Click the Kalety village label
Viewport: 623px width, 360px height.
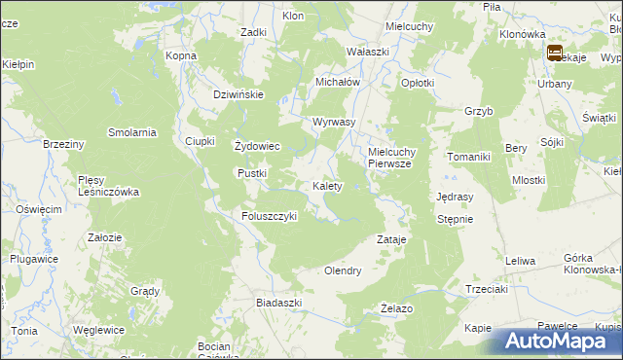pos(326,186)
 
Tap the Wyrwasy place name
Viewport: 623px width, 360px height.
pos(334,123)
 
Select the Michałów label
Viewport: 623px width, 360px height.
pos(338,83)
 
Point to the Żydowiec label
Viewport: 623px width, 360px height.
pos(258,147)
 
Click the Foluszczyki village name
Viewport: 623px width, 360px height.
pos(269,216)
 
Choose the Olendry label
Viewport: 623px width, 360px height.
pos(343,270)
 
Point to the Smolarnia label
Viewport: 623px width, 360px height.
pos(133,132)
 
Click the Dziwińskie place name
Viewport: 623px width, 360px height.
pos(239,94)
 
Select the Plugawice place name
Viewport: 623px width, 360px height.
pos(33,259)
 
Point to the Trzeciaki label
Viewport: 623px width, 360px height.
pos(487,289)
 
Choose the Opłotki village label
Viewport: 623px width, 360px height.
pos(418,84)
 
